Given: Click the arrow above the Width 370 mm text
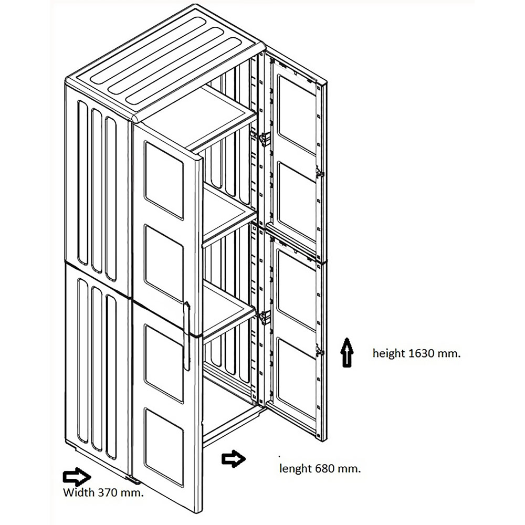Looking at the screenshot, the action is click(77, 477).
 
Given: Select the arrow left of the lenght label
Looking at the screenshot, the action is click(234, 459).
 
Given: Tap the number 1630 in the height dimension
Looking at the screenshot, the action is click(422, 353).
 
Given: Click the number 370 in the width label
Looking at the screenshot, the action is click(109, 492).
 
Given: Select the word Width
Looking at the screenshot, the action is click(79, 492).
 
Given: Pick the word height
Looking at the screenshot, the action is click(388, 353).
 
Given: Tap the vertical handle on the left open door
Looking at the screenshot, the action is click(187, 336).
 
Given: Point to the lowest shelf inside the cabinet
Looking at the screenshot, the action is click(230, 310).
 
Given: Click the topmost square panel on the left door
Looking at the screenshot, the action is click(164, 180).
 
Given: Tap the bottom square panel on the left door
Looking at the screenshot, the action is click(164, 447).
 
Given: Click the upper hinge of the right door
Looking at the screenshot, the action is click(264, 139).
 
